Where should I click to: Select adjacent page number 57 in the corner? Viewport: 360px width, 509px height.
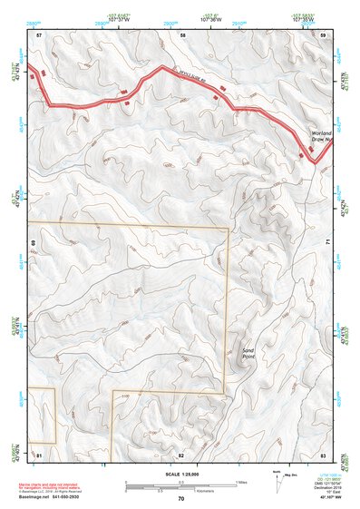[39, 34]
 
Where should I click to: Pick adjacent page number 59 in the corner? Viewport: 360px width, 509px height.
[322, 34]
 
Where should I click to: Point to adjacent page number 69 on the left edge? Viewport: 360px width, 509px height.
[33, 243]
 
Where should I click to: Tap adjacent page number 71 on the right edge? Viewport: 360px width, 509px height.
[327, 243]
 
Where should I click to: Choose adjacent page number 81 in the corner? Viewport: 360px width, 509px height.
[39, 453]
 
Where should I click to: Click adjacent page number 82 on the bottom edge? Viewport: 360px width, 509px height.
[181, 453]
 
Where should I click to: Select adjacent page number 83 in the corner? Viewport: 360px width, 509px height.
[322, 453]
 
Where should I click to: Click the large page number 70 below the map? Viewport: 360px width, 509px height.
[181, 498]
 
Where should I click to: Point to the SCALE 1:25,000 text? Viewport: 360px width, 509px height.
[180, 475]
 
